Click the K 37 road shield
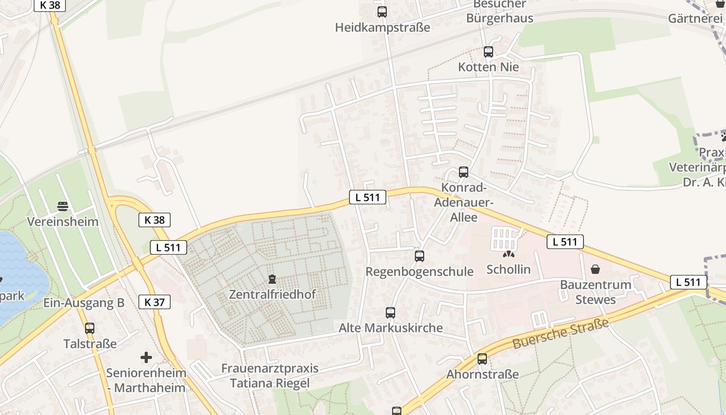(155, 302)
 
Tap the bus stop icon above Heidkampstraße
(382, 11)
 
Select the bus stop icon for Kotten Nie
(488, 52)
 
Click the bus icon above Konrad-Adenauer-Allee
(464, 172)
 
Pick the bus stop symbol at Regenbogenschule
(420, 256)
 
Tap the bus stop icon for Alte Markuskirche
(390, 313)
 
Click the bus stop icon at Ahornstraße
(482, 359)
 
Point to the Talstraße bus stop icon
(90, 328)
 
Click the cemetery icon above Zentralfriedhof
(272, 280)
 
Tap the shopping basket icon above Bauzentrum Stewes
(595, 269)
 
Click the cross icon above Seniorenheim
(146, 357)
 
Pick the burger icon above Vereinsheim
(63, 206)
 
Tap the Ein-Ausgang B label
(83, 303)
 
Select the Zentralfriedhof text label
(272, 295)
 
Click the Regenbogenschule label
(420, 271)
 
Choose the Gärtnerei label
(695, 19)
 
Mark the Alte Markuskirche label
(390, 328)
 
